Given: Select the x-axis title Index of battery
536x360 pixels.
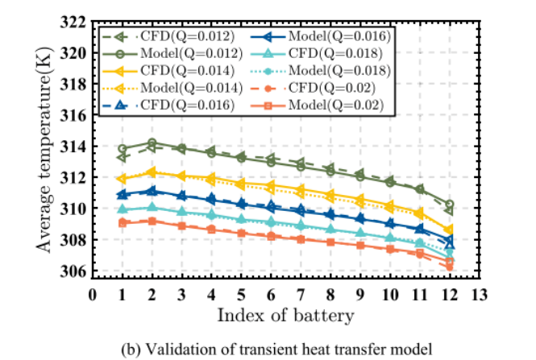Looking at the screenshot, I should [x=286, y=313].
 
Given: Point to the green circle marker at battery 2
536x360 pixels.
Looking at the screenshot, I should [x=152, y=143].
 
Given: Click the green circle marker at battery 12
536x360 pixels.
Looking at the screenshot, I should [x=449, y=205].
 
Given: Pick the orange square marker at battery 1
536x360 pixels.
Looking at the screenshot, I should [x=123, y=222].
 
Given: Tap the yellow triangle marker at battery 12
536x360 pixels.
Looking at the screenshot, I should [x=449, y=230].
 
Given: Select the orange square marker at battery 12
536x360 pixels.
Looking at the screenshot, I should [x=449, y=262].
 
